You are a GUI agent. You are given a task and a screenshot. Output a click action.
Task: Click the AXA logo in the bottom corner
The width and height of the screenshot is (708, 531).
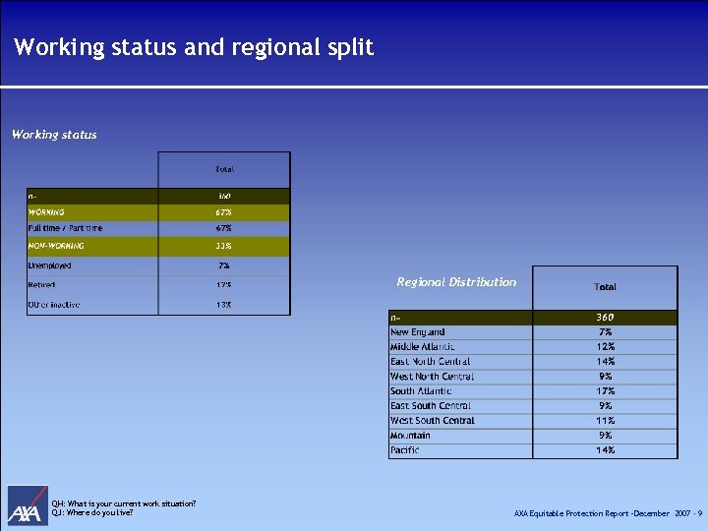tap(28, 505)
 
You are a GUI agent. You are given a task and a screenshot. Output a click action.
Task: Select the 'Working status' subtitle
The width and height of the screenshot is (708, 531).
tap(54, 135)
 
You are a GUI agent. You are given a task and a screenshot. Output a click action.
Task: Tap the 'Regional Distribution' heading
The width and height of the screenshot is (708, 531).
tap(456, 282)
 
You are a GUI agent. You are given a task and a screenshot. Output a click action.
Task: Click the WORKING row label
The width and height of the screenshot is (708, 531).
tap(46, 211)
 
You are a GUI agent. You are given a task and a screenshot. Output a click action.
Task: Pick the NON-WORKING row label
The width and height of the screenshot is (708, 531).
tap(56, 246)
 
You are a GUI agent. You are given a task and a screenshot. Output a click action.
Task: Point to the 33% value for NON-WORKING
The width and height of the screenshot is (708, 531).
tap(224, 246)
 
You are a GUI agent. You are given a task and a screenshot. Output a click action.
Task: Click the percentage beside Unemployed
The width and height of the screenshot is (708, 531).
tap(224, 265)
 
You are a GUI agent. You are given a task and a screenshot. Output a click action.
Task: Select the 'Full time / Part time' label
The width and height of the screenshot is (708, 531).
tap(65, 228)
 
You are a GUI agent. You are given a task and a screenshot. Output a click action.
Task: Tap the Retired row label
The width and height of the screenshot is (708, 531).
tap(42, 285)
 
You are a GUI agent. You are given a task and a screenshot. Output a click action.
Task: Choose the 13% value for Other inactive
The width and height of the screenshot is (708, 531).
tap(224, 305)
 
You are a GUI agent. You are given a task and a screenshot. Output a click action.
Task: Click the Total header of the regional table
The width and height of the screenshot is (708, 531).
tap(605, 287)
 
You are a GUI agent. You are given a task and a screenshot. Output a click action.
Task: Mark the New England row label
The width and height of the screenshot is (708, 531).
tap(418, 332)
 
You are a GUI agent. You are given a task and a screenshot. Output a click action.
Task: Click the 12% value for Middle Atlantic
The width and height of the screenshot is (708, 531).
tap(605, 347)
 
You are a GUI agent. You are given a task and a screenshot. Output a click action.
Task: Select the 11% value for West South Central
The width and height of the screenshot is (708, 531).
tap(605, 421)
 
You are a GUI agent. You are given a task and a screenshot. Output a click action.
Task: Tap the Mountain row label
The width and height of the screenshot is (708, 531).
tap(410, 436)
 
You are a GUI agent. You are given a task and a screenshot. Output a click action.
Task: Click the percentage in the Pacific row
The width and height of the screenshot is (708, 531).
tap(605, 450)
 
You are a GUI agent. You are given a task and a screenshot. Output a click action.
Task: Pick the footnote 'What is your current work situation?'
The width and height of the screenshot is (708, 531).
tap(132, 504)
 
